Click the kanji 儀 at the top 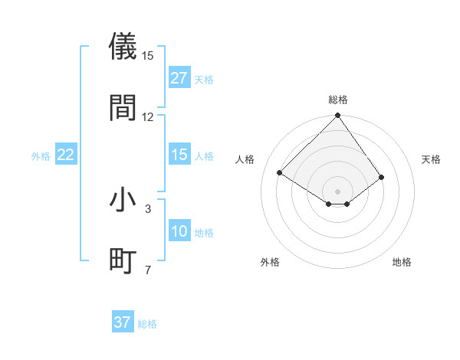pyautogui.click(x=123, y=45)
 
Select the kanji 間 pyautogui.click(x=123, y=107)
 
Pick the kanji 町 pyautogui.click(x=123, y=260)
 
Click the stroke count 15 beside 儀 pyautogui.click(x=148, y=56)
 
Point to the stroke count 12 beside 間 pyautogui.click(x=148, y=117)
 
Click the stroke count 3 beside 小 pyautogui.click(x=148, y=208)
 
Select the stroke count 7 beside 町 pyautogui.click(x=148, y=270)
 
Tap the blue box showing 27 pyautogui.click(x=179, y=78)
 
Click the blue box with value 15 pyautogui.click(x=179, y=155)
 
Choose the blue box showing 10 pyautogui.click(x=179, y=231)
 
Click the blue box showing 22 pyautogui.click(x=66, y=155)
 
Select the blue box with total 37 pyautogui.click(x=123, y=322)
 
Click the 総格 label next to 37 pyautogui.click(x=147, y=324)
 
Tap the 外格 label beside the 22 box pyautogui.click(x=41, y=156)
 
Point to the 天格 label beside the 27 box pyautogui.click(x=204, y=80)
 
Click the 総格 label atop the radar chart pyautogui.click(x=338, y=100)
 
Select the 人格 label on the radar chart pyautogui.click(x=245, y=159)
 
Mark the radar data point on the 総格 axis pyautogui.click(x=337, y=116)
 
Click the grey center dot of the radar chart pyautogui.click(x=337, y=190)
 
